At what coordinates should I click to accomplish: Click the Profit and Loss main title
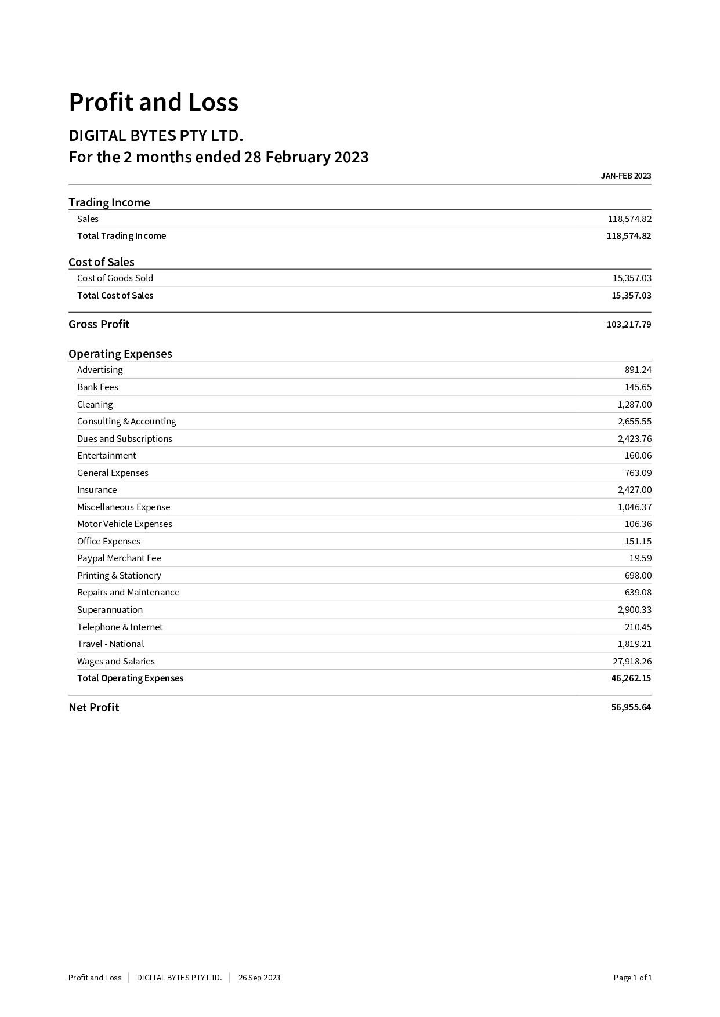[x=153, y=103]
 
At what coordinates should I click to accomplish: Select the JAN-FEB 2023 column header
[x=625, y=176]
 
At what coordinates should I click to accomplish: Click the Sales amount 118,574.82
[x=629, y=219]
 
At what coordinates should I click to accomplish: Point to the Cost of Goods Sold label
[x=115, y=278]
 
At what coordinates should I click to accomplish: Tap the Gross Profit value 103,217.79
[x=628, y=325]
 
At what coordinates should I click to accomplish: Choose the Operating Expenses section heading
[x=120, y=354]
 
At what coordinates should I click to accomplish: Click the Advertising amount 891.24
[x=638, y=370]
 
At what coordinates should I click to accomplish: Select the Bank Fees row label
[x=97, y=387]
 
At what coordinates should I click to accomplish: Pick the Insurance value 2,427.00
[x=634, y=490]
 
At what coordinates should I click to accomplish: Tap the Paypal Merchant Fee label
[x=119, y=558]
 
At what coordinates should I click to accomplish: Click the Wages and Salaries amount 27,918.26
[x=632, y=662]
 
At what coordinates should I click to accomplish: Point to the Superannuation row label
[x=110, y=610]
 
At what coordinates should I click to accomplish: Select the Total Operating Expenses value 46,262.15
[x=631, y=678]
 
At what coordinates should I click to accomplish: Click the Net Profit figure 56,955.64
[x=631, y=707]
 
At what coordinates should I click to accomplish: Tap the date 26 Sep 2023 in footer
[x=259, y=978]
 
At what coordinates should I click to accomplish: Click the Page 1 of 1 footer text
[x=632, y=978]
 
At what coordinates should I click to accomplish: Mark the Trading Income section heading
[x=109, y=202]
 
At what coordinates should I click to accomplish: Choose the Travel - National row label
[x=110, y=644]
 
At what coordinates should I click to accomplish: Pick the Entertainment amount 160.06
[x=638, y=456]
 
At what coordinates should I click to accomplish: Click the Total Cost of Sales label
[x=115, y=296]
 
